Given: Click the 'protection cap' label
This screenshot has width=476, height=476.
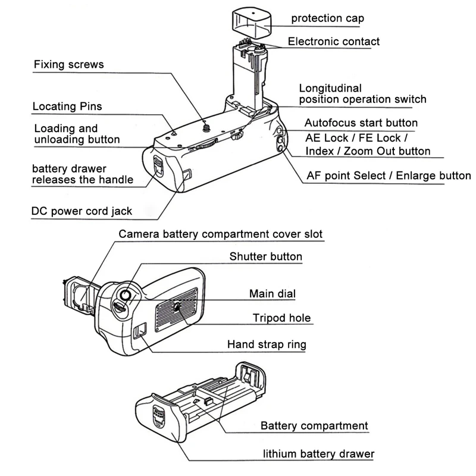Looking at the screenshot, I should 327,18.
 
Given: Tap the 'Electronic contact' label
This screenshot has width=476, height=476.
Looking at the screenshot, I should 333,42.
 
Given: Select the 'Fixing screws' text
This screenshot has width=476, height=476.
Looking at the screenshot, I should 68,64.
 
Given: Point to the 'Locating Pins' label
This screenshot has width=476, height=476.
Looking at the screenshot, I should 67,107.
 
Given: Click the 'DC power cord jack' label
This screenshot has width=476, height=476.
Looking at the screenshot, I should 82,211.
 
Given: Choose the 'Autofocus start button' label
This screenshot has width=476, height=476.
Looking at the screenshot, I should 361,123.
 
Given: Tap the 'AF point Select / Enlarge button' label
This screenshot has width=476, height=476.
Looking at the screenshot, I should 389,176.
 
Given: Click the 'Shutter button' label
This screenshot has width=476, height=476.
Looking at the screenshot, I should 266,257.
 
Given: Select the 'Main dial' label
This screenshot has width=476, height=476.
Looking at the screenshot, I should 273,293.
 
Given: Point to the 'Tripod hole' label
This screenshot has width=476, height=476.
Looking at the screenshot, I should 281,318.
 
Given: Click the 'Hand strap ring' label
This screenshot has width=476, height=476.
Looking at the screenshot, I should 267,345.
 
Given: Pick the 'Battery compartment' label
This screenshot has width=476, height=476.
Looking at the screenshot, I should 314,426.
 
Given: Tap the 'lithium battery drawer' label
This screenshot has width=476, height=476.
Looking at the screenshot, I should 319,454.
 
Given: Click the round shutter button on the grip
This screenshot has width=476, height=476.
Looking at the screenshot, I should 126,295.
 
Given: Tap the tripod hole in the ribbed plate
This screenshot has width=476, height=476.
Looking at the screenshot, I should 177,306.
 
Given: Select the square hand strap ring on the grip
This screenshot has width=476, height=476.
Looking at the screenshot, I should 140,331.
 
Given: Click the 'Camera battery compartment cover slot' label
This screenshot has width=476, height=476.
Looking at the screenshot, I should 221,234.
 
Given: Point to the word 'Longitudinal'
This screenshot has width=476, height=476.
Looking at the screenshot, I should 330,88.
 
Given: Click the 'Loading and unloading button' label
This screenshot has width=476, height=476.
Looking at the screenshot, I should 77,134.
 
